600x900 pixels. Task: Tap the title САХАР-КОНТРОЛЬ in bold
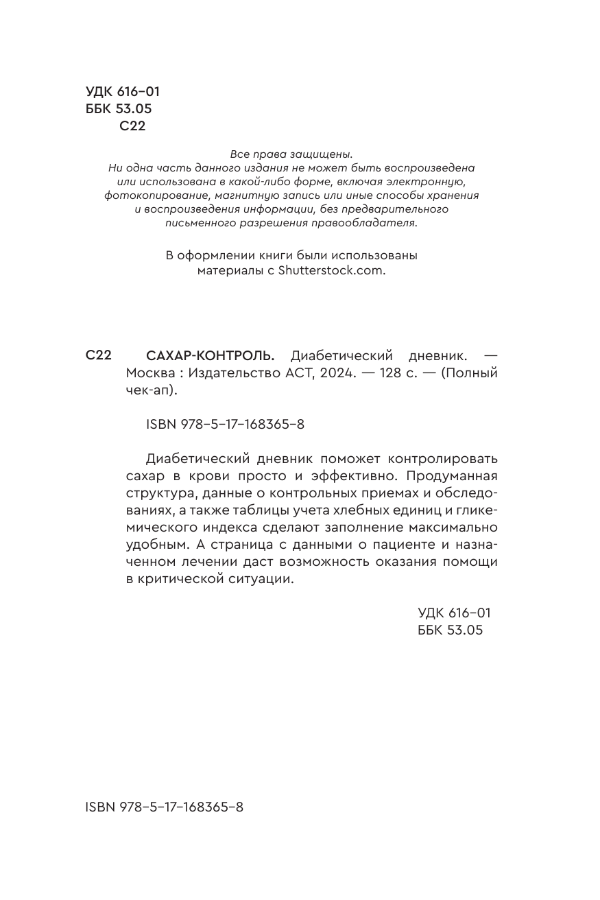coord(210,356)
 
